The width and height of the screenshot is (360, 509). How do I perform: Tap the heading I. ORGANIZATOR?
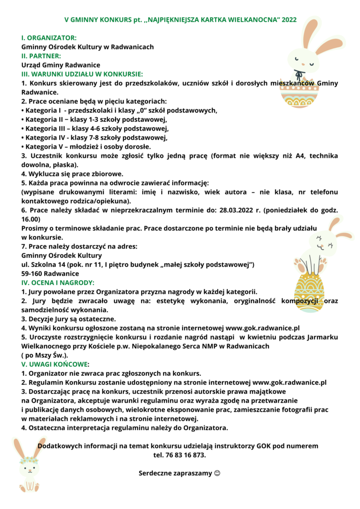point(49,38)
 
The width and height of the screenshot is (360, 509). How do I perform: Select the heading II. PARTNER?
point(41,56)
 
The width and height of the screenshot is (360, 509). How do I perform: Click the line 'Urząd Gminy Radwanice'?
point(61,65)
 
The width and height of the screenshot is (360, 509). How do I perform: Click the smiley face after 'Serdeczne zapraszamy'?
point(217,473)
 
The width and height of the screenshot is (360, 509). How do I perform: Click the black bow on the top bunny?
point(298,75)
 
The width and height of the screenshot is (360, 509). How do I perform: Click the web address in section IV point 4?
point(263,328)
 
